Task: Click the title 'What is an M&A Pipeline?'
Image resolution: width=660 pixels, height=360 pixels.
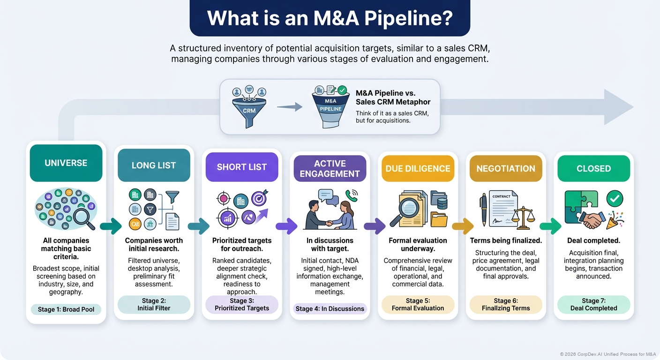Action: [330, 18]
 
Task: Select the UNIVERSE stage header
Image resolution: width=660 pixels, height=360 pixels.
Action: [66, 163]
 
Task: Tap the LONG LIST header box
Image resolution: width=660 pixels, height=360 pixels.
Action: [154, 165]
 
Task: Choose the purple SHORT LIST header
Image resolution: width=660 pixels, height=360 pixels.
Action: [242, 167]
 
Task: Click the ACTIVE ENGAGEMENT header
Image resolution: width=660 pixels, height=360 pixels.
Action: [330, 168]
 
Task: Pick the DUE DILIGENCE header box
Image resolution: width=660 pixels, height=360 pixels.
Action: [418, 168]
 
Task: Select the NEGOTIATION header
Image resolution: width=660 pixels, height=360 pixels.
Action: [506, 168]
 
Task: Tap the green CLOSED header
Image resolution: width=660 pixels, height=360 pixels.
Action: [593, 168]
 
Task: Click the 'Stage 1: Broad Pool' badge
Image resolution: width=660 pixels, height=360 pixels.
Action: [66, 309]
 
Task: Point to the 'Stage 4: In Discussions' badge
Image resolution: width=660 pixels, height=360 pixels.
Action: [330, 308]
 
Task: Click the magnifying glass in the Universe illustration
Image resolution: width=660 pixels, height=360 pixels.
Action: [83, 218]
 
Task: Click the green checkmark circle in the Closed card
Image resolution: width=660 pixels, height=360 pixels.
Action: [615, 199]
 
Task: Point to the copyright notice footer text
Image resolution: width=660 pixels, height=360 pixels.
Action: [607, 354]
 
